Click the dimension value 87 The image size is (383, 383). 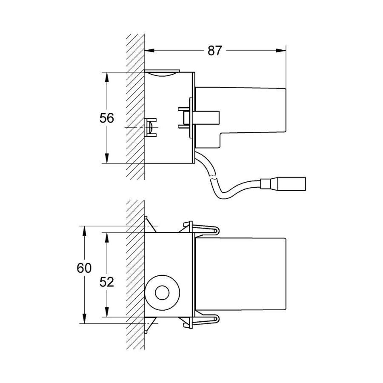pyautogui.click(x=215, y=51)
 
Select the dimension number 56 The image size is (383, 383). pyautogui.click(x=107, y=118)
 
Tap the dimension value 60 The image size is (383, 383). pyautogui.click(x=84, y=269)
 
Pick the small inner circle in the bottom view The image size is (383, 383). pyautogui.click(x=162, y=293)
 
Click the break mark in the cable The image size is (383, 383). pyautogui.click(x=212, y=176)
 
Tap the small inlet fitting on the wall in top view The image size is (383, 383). pyautogui.click(x=151, y=127)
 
